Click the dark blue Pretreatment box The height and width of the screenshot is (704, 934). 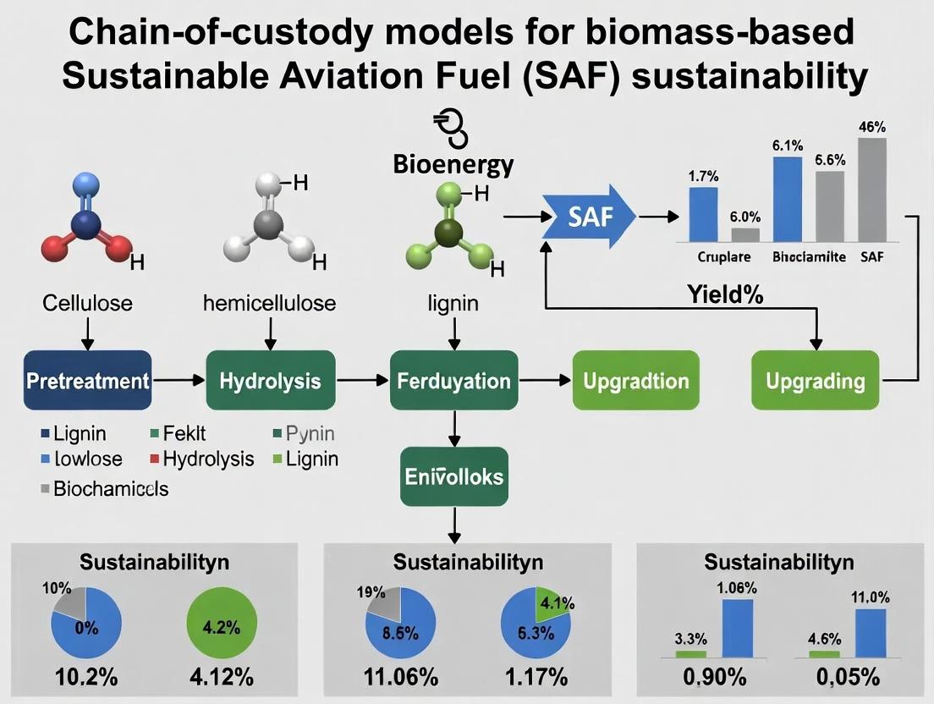[88, 381]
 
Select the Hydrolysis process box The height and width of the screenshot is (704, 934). [270, 381]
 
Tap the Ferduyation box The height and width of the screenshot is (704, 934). [454, 381]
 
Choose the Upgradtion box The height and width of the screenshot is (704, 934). [636, 381]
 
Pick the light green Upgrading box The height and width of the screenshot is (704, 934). [816, 381]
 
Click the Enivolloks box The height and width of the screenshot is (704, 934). [453, 477]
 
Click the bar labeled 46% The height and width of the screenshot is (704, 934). [872, 190]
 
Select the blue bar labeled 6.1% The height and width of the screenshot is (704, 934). [787, 200]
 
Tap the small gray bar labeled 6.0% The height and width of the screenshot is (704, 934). [745, 235]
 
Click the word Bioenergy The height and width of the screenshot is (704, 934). [453, 163]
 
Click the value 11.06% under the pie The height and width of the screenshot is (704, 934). [400, 677]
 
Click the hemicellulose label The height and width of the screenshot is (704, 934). [270, 302]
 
